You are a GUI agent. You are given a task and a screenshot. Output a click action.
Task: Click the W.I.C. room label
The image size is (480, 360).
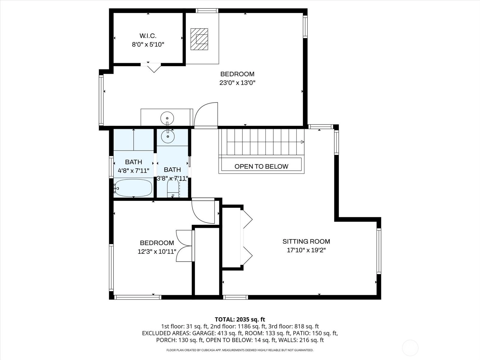pyautogui.click(x=148, y=36)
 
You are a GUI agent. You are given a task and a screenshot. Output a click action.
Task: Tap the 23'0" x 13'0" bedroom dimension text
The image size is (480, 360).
pyautogui.click(x=238, y=83)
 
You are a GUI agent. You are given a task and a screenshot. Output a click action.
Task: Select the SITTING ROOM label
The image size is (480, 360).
pyautogui.click(x=306, y=241)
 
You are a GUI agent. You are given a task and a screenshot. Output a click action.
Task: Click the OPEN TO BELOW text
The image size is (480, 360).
pyautogui.click(x=261, y=166)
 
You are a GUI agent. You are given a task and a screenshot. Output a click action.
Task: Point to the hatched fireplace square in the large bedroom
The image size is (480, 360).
pyautogui.click(x=199, y=39)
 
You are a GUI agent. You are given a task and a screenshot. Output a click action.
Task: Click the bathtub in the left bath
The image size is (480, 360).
pyautogui.click(x=133, y=188)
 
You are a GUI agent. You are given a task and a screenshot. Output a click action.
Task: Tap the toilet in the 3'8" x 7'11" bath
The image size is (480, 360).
pyautogui.click(x=173, y=189)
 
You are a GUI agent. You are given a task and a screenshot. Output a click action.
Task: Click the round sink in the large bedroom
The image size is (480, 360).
pyautogui.click(x=167, y=118)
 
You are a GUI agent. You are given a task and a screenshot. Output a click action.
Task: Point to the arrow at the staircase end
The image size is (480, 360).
pyautogui.click(x=302, y=142)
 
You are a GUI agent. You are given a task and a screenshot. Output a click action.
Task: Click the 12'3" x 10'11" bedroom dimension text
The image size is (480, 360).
pyautogui.click(x=157, y=252)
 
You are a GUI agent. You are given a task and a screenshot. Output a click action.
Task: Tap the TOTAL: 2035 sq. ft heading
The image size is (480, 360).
pyautogui.click(x=240, y=319)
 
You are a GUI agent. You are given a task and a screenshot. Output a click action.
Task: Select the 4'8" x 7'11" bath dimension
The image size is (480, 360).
pyautogui.click(x=133, y=171)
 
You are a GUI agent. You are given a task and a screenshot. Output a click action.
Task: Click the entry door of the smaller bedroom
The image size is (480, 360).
pyautogui.click(x=203, y=211)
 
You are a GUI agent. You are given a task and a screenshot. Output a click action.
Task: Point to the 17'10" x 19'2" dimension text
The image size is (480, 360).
pyautogui.click(x=306, y=250)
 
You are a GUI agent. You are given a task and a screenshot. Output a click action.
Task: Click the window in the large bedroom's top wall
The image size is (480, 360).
pyautogui.click(x=207, y=11)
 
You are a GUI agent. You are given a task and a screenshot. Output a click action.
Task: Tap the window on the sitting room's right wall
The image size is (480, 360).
pyautogui.click(x=379, y=251)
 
